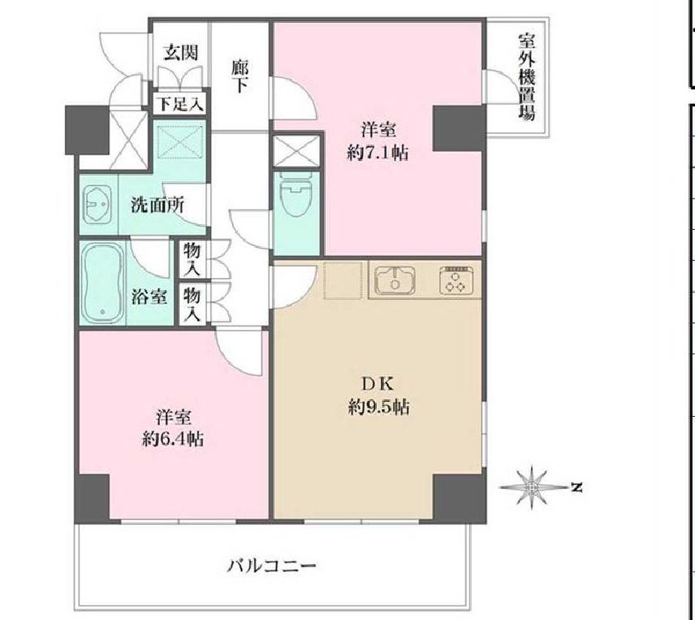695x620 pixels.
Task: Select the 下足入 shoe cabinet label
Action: [179, 104]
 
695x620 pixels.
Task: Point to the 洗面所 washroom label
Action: [158, 205]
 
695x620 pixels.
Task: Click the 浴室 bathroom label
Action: [149, 297]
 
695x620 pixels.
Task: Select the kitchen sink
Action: [395, 280]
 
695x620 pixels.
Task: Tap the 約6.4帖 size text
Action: [173, 440]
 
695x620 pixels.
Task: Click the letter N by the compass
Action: [576, 488]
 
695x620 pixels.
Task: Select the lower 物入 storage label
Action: [192, 302]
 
